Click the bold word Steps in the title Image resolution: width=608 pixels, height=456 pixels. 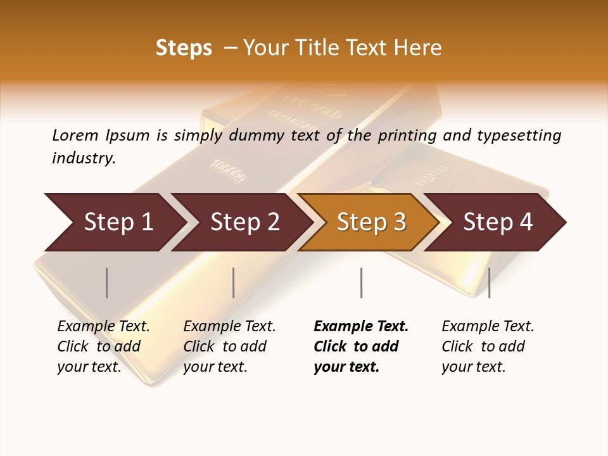pos(184,48)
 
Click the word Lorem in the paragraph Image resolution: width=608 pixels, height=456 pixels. pos(75,135)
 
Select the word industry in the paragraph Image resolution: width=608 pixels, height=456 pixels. pos(84,158)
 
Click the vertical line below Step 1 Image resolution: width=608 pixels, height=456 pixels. pos(107,282)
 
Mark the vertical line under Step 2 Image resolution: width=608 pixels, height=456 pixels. pos(234,282)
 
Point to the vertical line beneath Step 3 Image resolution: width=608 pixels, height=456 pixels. pos(361,282)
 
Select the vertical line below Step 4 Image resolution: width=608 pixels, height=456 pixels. pos(489,282)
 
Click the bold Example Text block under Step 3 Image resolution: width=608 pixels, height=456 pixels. pos(361,346)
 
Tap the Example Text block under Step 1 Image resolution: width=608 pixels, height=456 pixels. pos(103,346)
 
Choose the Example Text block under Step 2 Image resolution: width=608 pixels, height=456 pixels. pos(229,346)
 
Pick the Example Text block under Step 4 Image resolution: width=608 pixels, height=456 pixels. pos(488,346)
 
